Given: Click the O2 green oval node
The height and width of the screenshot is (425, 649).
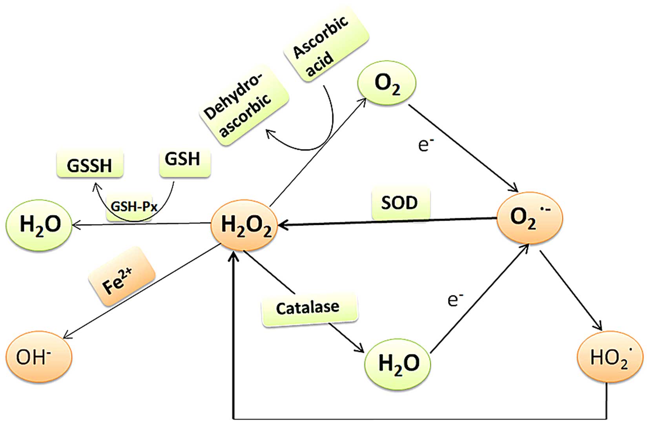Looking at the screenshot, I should pos(386,83).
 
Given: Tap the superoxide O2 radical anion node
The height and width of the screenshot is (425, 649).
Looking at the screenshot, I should pos(529,217).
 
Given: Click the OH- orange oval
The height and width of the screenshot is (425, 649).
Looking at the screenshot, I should pos(38,357).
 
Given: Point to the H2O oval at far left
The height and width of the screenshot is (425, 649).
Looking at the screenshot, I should pos(39,224).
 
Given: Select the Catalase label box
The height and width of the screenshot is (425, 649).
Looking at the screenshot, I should pos(309,308).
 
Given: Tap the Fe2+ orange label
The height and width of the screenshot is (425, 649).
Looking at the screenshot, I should pos(121,276).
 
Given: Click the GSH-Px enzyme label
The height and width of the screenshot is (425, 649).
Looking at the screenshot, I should pos(133,207).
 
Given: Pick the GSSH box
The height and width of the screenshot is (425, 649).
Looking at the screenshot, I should pos(89,165).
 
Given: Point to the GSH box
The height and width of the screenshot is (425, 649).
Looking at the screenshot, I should pos(184,160).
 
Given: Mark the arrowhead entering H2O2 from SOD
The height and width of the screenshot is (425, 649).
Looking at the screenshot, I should pos(282,225).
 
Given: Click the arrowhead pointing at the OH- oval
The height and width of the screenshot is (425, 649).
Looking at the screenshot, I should pos(67,335).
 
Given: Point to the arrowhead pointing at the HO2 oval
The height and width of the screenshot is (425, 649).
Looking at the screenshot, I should pos(598,327).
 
